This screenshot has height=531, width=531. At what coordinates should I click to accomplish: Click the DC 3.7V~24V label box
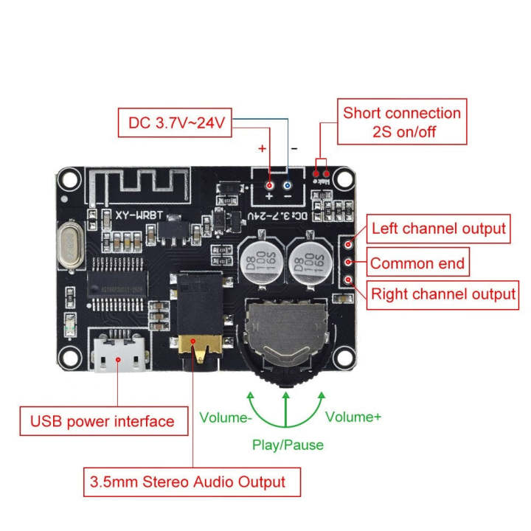pos(176,122)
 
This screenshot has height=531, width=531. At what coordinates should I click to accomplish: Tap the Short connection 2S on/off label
pos(402,122)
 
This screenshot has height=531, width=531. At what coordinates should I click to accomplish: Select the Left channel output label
pos(438,229)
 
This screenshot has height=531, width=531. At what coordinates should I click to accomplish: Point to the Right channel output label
pos(442,294)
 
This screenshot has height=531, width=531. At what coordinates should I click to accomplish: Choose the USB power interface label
pos(102,422)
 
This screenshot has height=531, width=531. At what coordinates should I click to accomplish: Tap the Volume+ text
pos(353,417)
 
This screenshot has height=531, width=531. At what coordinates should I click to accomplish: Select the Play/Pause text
pos(288,445)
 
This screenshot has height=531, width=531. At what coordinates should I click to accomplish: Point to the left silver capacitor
pos(260,263)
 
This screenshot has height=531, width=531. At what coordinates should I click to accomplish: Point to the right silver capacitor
pos(308,263)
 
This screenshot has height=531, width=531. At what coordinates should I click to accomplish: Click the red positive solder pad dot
pos(270,186)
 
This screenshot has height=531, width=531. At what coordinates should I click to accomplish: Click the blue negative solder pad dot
pos(288,186)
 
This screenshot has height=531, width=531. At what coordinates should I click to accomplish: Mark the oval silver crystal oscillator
pos(69,246)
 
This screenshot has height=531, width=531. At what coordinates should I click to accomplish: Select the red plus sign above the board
pos(261,148)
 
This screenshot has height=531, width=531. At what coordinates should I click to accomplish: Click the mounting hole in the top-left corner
pos(70,178)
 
